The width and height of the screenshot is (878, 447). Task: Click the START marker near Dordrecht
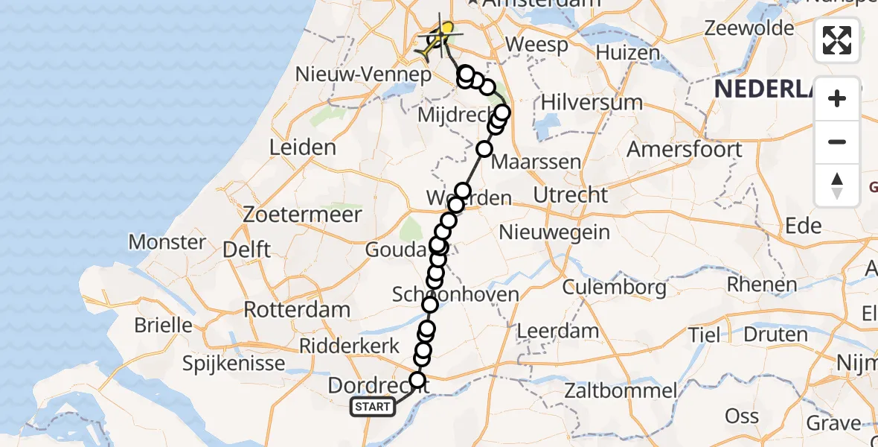pos(372,407)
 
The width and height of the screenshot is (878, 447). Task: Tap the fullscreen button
pos(837,40)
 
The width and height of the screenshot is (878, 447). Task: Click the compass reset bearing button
pos(837,186)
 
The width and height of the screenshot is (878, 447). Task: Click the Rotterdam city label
pos(297,309)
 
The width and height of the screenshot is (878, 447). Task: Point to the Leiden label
pos(302,148)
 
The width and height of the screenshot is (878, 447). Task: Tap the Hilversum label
pos(582,102)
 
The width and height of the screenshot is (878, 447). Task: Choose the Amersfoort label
pos(685,149)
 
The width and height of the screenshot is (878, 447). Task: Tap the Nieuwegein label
pos(554,232)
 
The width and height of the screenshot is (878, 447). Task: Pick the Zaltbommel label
pos(620,390)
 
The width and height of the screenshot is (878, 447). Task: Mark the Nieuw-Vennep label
pos(363,74)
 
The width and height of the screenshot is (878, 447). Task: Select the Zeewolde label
pos(749,28)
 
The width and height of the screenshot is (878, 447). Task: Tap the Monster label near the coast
pos(167,242)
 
